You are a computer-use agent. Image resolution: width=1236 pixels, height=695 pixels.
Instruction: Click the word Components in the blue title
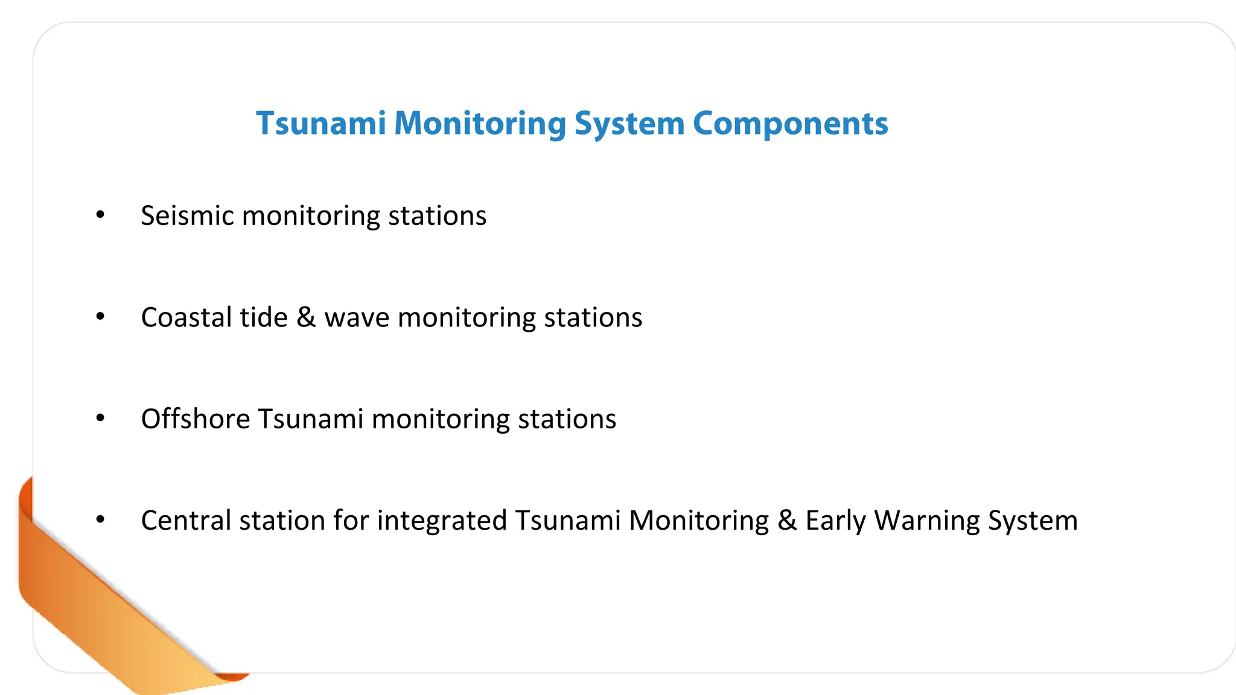[790, 124]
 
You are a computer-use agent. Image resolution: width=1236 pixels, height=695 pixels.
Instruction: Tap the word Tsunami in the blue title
[321, 124]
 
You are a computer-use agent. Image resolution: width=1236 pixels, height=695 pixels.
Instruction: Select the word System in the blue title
[629, 124]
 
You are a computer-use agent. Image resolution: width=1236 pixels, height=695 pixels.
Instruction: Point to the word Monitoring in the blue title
[480, 124]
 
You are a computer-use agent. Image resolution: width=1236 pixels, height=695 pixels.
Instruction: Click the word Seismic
[187, 216]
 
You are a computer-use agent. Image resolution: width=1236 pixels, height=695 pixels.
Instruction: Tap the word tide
[264, 317]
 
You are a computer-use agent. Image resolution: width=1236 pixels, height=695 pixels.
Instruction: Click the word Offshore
[196, 419]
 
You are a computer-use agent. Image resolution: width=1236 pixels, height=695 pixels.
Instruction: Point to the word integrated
[442, 520]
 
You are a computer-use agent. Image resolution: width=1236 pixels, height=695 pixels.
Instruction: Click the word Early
[835, 520]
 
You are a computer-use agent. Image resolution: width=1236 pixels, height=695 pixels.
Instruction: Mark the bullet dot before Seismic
[100, 214]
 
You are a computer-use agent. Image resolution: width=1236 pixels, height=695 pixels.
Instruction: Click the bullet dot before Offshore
[100, 417]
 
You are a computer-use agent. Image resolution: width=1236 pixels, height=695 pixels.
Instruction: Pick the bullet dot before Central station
[100, 519]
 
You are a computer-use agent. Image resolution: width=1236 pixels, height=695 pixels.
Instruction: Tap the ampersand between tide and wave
[306, 317]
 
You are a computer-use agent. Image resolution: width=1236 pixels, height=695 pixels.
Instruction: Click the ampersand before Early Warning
[787, 520]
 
